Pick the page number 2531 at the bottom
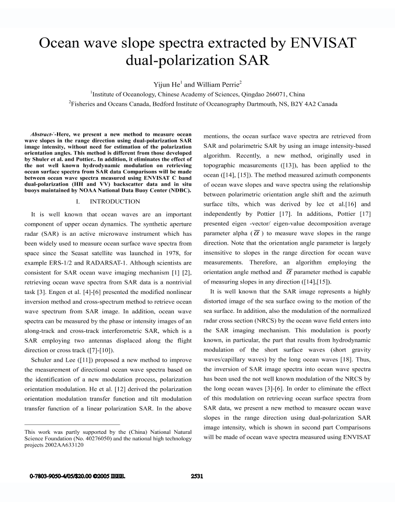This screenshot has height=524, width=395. [197, 476]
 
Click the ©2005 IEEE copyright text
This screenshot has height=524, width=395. [110, 476]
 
